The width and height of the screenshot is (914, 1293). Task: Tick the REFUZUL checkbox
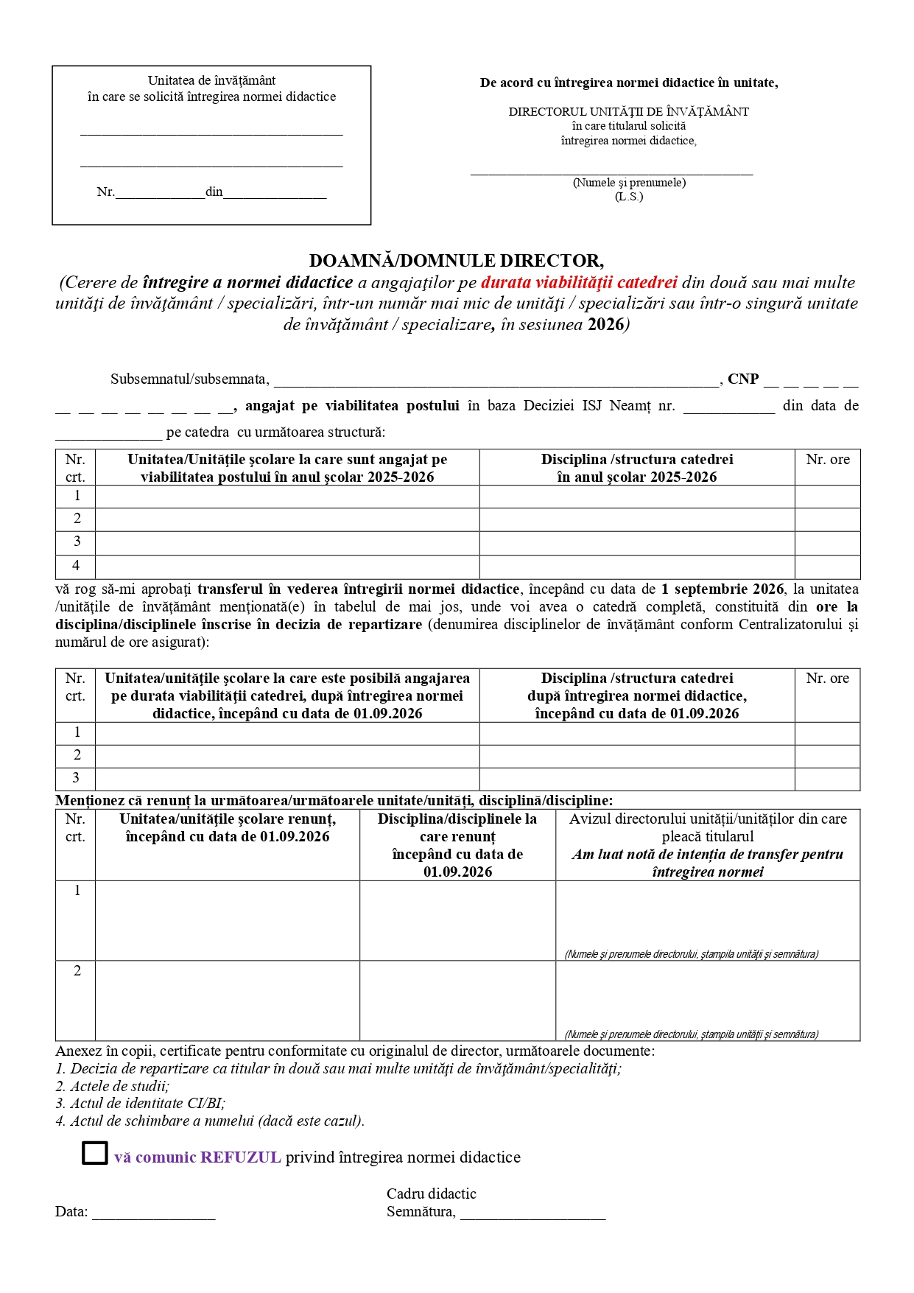pyautogui.click(x=94, y=1153)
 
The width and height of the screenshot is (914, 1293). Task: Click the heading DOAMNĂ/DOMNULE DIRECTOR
pyautogui.click(x=456, y=261)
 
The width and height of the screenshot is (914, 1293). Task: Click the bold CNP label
pyautogui.click(x=742, y=379)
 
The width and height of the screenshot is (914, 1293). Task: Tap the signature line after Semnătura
pyautogui.click(x=532, y=1212)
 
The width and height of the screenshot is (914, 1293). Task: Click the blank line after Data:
pyautogui.click(x=153, y=1212)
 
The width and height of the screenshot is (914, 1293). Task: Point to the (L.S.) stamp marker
pyautogui.click(x=629, y=197)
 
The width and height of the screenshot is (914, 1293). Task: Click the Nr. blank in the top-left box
pyautogui.click(x=160, y=192)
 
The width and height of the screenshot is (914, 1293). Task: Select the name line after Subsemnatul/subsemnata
pyautogui.click(x=497, y=381)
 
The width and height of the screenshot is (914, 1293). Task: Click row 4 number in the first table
pyautogui.click(x=76, y=566)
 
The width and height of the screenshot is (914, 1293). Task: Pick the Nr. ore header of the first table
pyautogui.click(x=827, y=460)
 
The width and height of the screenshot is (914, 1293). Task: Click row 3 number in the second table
pyautogui.click(x=76, y=778)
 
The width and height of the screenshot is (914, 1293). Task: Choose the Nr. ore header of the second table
pyautogui.click(x=827, y=679)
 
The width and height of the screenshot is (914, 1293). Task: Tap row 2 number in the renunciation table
pyautogui.click(x=77, y=971)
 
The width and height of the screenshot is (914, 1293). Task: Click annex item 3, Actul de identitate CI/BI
pyautogui.click(x=141, y=1104)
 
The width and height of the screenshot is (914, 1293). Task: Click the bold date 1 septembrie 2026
pyautogui.click(x=723, y=589)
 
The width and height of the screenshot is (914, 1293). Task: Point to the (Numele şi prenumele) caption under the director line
pyautogui.click(x=629, y=183)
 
